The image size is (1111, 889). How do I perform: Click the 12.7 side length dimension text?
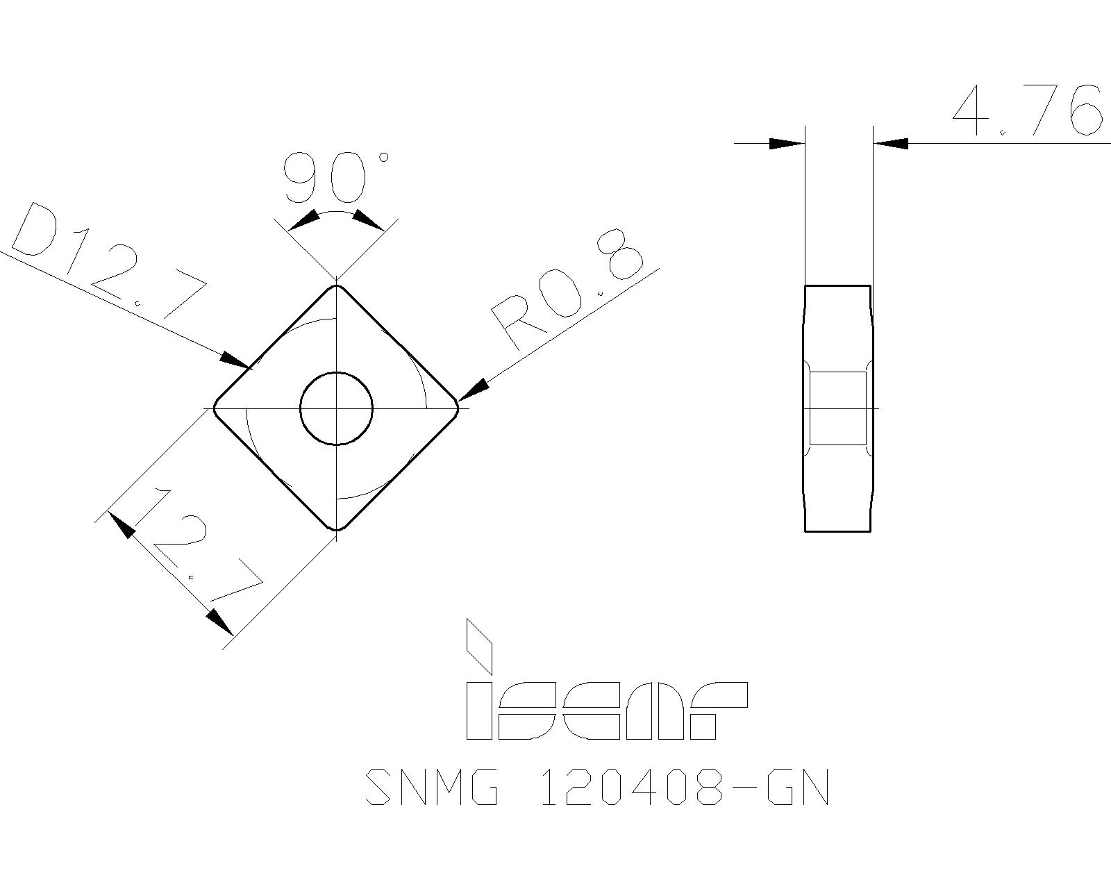click(x=198, y=549)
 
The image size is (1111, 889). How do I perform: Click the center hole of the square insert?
click(x=336, y=408)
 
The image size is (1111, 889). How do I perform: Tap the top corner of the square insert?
click(x=337, y=285)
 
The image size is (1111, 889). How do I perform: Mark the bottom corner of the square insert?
click(x=337, y=529)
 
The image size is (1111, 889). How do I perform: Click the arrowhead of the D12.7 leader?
click(x=236, y=360)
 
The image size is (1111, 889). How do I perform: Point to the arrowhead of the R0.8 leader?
click(x=473, y=390)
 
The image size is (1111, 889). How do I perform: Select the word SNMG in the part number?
click(x=431, y=787)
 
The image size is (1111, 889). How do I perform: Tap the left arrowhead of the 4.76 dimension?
click(x=787, y=144)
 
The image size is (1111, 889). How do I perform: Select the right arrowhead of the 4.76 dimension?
click(x=890, y=144)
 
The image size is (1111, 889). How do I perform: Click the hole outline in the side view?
click(x=838, y=408)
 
